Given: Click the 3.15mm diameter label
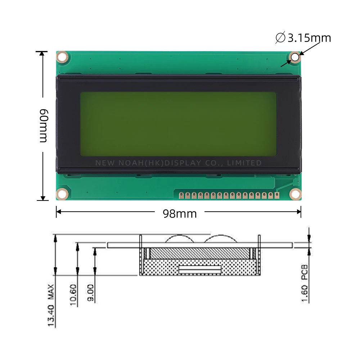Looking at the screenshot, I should pos(309,37).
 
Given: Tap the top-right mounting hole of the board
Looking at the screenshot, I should pos(295,57).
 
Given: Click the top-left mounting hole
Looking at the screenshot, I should pos(62,57).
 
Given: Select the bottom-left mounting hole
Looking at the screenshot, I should pos(62,194).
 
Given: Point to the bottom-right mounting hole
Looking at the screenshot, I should pos(295,194).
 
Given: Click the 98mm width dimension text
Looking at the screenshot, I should pos(180,213).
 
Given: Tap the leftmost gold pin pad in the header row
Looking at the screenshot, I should pos(182,195).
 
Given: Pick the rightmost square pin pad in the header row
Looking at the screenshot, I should pos(276,195).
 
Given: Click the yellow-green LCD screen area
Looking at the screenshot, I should pos(178,123).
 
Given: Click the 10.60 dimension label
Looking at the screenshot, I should pos(73,295).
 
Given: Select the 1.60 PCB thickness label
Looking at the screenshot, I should pos(305,283).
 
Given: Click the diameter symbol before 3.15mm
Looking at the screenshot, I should pos(280,37).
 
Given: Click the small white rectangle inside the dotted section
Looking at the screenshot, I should pos(200,269).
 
